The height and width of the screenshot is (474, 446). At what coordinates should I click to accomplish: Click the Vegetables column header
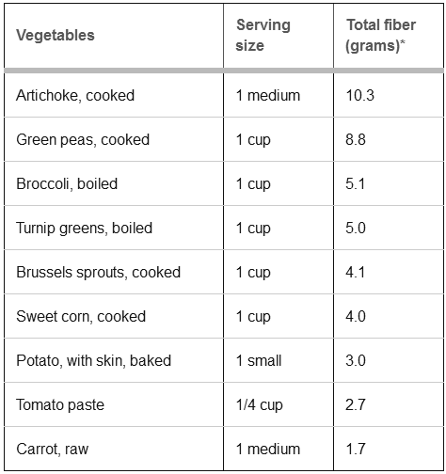(56, 35)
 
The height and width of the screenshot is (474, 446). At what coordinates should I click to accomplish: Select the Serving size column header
(263, 35)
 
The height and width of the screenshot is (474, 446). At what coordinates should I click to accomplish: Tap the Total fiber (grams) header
(381, 35)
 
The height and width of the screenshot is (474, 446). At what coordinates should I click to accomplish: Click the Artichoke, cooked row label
(75, 95)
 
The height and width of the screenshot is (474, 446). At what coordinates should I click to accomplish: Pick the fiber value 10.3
(360, 95)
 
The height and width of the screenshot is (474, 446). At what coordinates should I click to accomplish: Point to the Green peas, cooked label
(83, 140)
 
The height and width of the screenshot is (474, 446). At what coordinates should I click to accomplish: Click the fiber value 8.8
(356, 140)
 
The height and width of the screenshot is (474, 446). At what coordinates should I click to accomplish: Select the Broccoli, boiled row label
(67, 183)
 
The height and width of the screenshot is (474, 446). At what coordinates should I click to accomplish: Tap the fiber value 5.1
(356, 183)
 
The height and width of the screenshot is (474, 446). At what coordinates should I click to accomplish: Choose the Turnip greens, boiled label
(84, 228)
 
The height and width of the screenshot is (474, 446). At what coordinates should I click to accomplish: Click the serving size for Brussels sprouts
(253, 273)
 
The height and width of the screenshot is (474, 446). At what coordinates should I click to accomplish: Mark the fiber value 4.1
(356, 272)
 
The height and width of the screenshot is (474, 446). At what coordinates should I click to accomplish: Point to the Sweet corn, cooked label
(81, 317)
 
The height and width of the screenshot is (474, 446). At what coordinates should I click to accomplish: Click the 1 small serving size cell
(259, 360)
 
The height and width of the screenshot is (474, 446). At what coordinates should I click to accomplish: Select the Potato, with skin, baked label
(93, 361)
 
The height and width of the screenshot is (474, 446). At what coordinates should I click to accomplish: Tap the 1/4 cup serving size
(260, 405)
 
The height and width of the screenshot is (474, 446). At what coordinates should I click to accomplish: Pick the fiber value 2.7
(356, 404)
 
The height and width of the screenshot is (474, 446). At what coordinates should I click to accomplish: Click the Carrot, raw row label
(53, 450)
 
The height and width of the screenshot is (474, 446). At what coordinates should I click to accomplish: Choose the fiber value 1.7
(356, 449)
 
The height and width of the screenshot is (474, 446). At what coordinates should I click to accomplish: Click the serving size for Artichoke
(268, 95)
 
